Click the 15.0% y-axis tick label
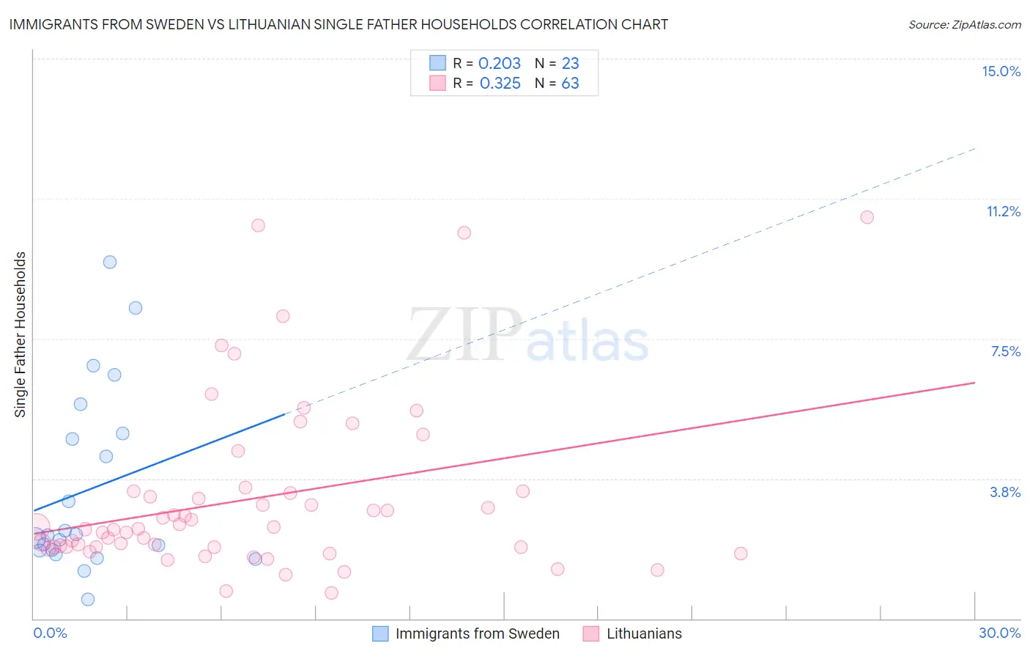(x=1001, y=71)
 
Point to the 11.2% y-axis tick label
(x=1003, y=211)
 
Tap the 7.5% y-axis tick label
(x=1005, y=351)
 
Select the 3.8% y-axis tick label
(x=1005, y=492)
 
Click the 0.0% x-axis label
(x=50, y=633)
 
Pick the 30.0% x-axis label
(x=999, y=633)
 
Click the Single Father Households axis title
(x=21, y=334)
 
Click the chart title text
(x=338, y=24)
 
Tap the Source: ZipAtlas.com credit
(x=964, y=25)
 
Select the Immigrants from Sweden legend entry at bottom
(x=477, y=633)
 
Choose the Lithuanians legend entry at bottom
(x=644, y=633)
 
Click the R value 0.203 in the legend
(x=500, y=64)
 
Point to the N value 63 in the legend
(x=570, y=84)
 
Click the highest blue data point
(x=110, y=262)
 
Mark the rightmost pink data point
(x=867, y=217)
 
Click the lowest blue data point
(x=88, y=599)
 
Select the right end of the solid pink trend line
(x=975, y=383)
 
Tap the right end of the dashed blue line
(x=975, y=149)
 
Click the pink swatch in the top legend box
(x=437, y=83)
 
